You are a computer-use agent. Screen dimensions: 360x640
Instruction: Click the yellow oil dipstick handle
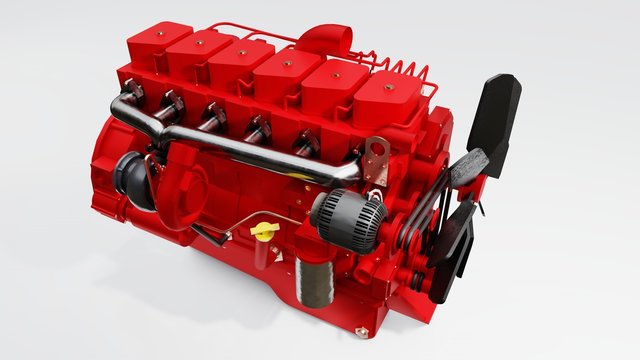click(x=264, y=231)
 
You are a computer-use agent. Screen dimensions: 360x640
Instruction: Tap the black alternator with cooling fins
click(x=347, y=218)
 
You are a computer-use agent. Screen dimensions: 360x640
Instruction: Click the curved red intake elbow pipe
click(x=322, y=42)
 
